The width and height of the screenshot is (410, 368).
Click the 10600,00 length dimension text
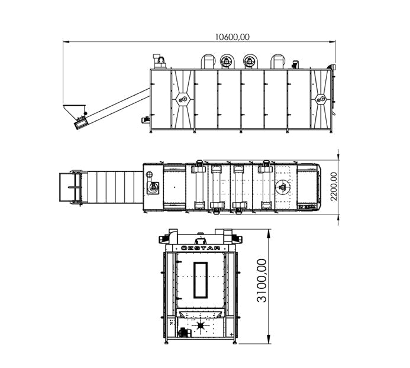pos(232,37)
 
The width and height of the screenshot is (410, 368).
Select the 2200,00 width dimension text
pos(334,187)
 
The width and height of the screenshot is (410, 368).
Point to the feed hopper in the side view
pos(72,110)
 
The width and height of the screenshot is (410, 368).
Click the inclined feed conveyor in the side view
pos(115,105)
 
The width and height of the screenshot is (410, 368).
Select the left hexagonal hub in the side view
pos(182,99)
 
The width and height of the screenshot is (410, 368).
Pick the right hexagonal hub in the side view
pos(321,99)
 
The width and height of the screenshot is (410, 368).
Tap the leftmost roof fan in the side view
pos(208,61)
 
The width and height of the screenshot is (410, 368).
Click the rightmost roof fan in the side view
pos(278,61)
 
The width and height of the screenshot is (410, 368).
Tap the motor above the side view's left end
pos(159,60)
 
